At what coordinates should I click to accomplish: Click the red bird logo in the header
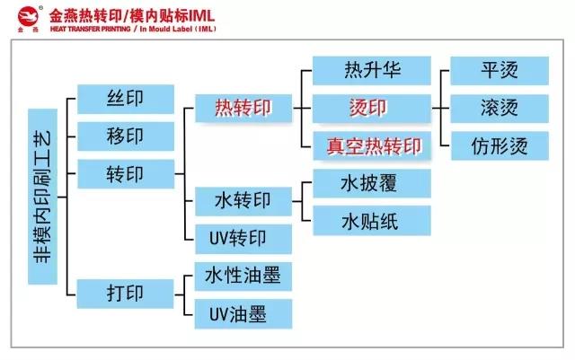pyautogui.click(x=28, y=16)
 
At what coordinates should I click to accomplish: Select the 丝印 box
pyautogui.click(x=126, y=99)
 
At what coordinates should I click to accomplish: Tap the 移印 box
pyautogui.click(x=126, y=136)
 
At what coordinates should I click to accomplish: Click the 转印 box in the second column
pyautogui.click(x=126, y=174)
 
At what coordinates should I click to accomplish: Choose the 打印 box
pyautogui.click(x=125, y=294)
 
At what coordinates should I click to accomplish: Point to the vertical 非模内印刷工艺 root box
pyautogui.click(x=42, y=197)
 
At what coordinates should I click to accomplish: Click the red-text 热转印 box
pyautogui.click(x=243, y=108)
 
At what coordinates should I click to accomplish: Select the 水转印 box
pyautogui.click(x=243, y=201)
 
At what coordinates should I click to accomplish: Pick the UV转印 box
pyautogui.click(x=243, y=239)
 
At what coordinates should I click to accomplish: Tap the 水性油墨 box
pyautogui.click(x=243, y=276)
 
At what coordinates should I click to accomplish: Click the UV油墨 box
pyautogui.click(x=243, y=314)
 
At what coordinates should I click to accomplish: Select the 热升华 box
pyautogui.click(x=372, y=70)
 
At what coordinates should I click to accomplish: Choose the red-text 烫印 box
pyautogui.click(x=372, y=109)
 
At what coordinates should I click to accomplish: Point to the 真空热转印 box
pyautogui.click(x=372, y=146)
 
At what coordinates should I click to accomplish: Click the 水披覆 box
pyautogui.click(x=372, y=183)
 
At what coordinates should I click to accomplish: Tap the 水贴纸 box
pyautogui.click(x=372, y=221)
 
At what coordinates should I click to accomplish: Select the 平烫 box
pyautogui.click(x=500, y=70)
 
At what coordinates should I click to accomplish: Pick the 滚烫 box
pyautogui.click(x=500, y=109)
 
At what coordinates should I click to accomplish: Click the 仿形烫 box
pyautogui.click(x=500, y=146)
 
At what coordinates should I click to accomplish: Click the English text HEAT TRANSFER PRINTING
pyautogui.click(x=90, y=29)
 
